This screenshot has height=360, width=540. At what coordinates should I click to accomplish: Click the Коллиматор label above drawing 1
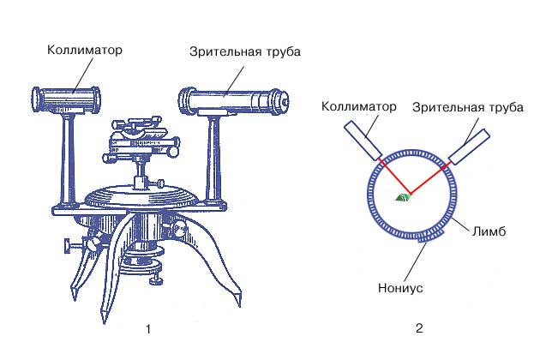point(86,50)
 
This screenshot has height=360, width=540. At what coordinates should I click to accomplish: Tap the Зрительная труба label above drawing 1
point(245,51)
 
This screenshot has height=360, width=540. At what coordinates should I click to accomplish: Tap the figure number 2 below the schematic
point(419,328)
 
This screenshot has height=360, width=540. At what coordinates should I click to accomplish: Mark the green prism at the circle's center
point(402,197)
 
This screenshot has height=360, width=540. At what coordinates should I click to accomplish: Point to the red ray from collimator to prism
point(391,177)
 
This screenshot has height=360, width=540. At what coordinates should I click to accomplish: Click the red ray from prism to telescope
point(429,181)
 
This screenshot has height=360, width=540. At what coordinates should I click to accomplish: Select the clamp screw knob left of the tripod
point(67,249)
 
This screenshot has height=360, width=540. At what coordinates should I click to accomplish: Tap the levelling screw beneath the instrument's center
point(156,279)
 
